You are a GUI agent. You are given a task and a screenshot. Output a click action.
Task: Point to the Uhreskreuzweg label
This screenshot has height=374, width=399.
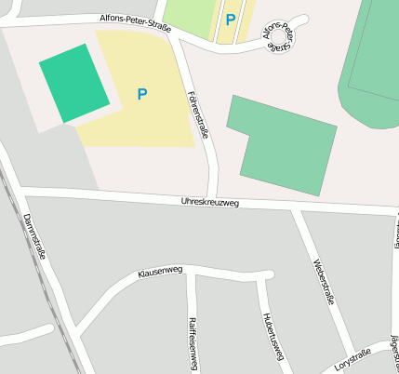tap(209, 201)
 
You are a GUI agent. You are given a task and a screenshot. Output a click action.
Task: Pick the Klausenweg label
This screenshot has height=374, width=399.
tap(161, 273)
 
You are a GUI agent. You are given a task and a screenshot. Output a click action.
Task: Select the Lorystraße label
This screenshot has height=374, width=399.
tap(352, 359)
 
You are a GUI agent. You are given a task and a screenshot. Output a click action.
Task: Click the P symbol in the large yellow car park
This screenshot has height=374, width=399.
tap(142, 94)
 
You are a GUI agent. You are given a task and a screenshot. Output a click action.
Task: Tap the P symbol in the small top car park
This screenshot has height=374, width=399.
tap(230, 19)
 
